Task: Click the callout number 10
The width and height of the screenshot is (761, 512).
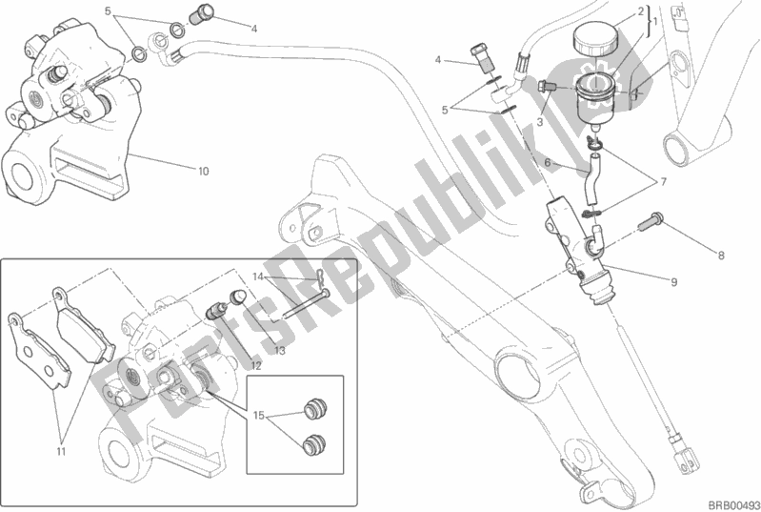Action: pos(203,173)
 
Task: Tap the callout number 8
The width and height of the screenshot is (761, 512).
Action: pos(721,255)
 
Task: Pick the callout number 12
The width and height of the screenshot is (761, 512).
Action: pos(256,366)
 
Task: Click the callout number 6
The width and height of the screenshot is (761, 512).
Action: pos(548,163)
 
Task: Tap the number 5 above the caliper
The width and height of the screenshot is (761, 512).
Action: pos(109,12)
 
